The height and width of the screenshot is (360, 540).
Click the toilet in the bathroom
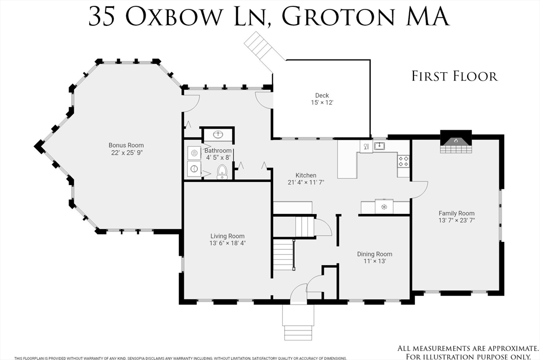pos(223,171)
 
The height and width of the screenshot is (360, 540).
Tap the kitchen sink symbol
pos(379,145)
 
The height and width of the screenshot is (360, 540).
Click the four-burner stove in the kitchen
pos(403,161)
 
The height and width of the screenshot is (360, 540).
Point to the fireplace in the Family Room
pos(454,141)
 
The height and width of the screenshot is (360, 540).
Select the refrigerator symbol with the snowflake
pos(384,207)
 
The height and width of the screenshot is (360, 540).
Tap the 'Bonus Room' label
pos(126,145)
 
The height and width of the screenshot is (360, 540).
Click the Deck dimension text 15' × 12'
pos(322,103)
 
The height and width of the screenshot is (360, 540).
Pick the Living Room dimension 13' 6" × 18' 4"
pos(227,243)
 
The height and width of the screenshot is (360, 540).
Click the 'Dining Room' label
pos(374,254)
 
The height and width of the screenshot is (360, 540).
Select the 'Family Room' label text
pos(457,213)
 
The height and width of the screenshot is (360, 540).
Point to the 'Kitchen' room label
pos(306,176)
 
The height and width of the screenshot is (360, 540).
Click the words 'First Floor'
pos(455,76)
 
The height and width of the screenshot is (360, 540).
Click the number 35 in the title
pos(102,17)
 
